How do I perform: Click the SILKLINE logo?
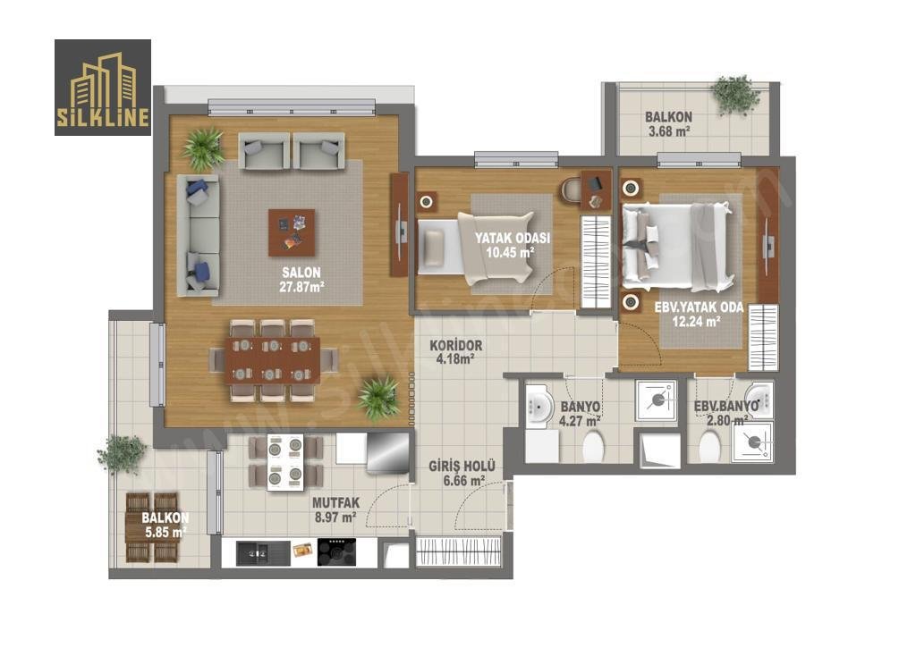click(x=103, y=88)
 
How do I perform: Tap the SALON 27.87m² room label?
click(x=301, y=279)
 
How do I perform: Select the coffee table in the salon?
click(x=292, y=232)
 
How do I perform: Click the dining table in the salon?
click(x=273, y=359)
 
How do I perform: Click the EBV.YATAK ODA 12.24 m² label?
click(x=698, y=314)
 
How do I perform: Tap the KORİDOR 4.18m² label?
click(x=455, y=352)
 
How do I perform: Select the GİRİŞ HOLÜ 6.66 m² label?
click(x=462, y=473)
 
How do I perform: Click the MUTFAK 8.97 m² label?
click(x=335, y=509)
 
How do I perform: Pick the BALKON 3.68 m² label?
click(x=668, y=123)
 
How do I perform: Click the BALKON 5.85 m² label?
click(x=165, y=525)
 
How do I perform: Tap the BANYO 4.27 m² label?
click(x=580, y=413)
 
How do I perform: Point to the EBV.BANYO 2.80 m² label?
click(x=726, y=413)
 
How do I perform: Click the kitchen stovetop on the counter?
click(x=336, y=551)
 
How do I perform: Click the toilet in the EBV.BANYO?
click(x=709, y=446)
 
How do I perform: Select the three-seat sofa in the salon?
click(x=198, y=235)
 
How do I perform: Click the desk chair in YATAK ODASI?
click(x=572, y=189)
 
